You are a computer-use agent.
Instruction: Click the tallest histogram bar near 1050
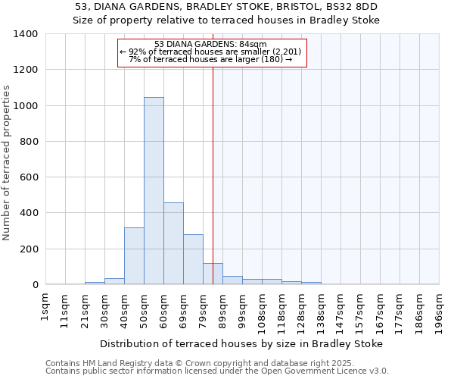pos(154,191)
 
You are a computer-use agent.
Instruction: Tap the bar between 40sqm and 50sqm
pos(134,256)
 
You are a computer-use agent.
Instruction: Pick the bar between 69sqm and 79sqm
pos(193,259)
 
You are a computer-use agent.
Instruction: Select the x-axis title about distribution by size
pos(242,343)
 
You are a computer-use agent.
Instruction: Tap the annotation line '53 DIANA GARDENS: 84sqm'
pos(211,44)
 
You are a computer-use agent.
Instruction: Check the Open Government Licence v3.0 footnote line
pos(216,371)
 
